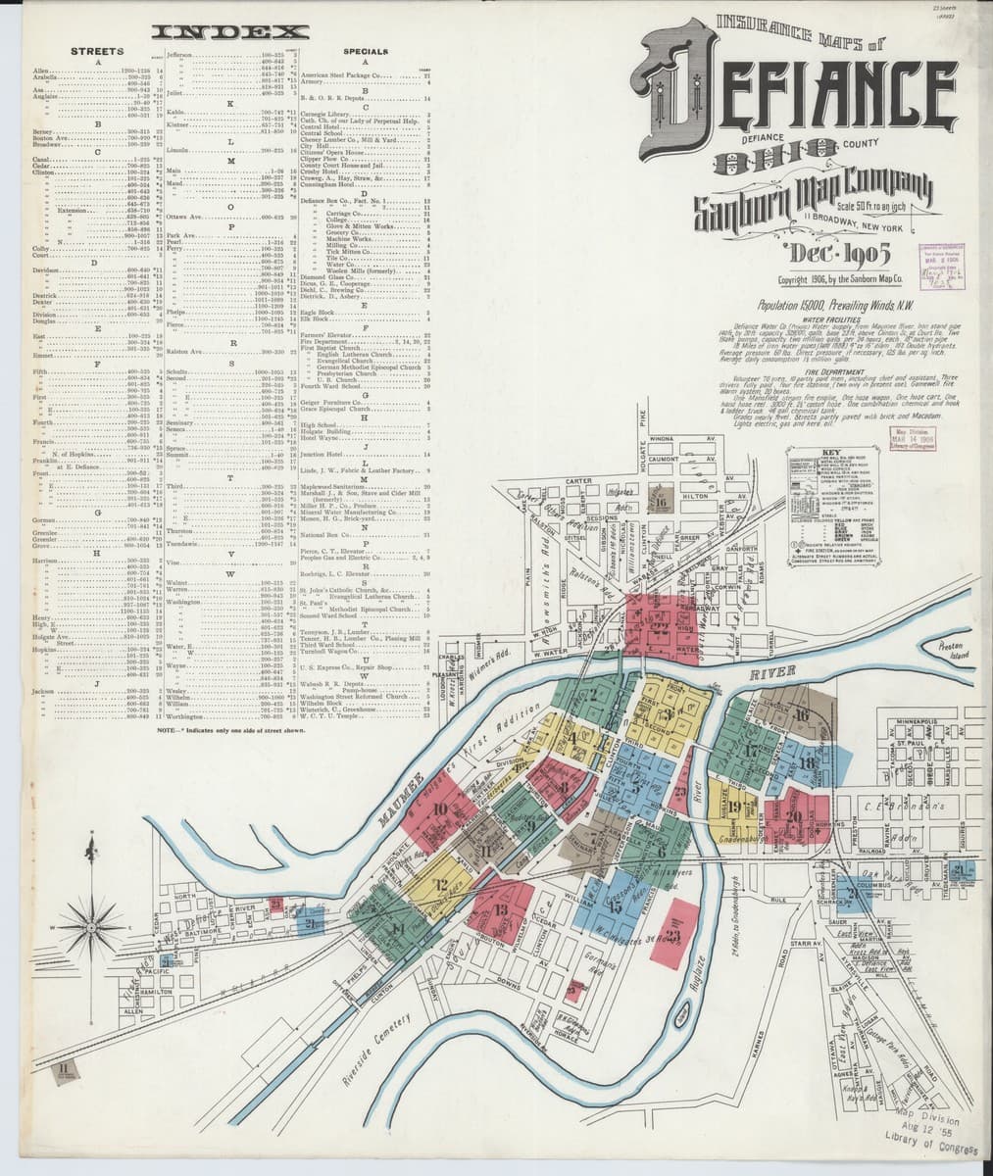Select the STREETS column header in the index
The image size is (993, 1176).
98,50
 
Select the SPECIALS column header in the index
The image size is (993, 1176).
366,50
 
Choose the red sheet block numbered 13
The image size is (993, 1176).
500,910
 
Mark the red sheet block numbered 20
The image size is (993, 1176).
793,815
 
